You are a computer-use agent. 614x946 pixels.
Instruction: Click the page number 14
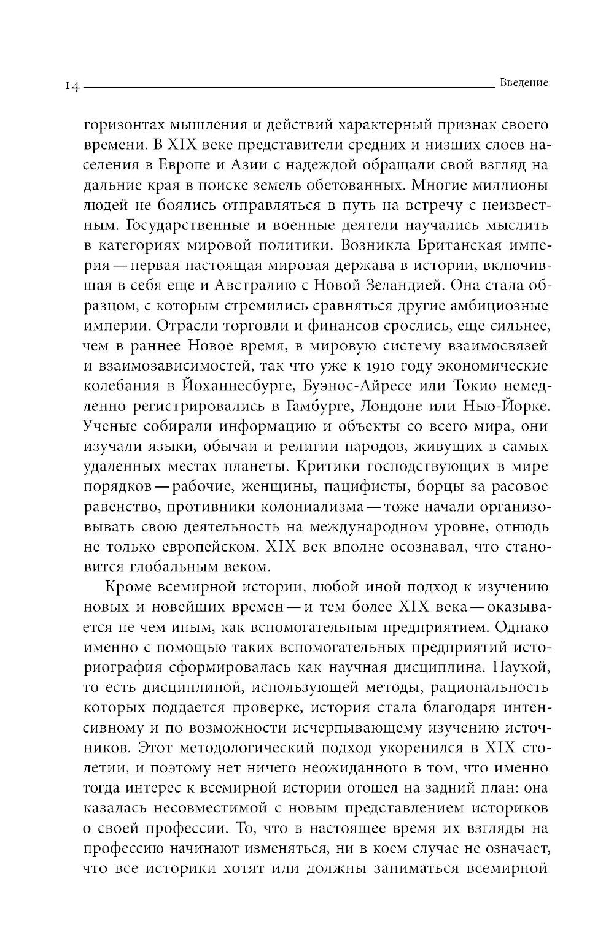click(72, 87)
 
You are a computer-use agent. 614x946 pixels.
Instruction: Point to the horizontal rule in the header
click(289, 88)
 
